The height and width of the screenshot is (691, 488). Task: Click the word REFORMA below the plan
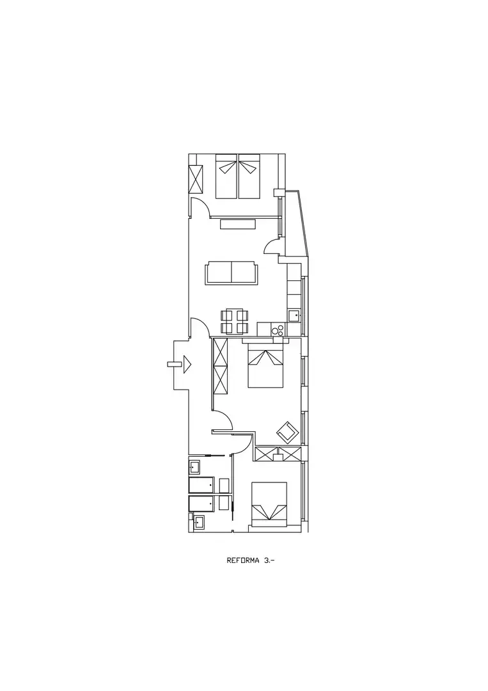pyautogui.click(x=244, y=561)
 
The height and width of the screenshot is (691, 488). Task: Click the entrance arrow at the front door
pyautogui.click(x=187, y=365)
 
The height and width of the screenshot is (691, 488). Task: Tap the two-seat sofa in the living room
pyautogui.click(x=231, y=273)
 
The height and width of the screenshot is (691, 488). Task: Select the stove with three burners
pyautogui.click(x=278, y=330)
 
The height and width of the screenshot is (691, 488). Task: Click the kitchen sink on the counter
pyautogui.click(x=294, y=315)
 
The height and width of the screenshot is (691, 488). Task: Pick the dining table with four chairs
pyautogui.click(x=234, y=322)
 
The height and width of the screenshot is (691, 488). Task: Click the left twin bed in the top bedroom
pyautogui.click(x=227, y=177)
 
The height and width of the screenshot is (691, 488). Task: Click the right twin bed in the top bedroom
pyautogui.click(x=249, y=177)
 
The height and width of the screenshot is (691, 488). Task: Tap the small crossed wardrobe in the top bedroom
pyautogui.click(x=196, y=179)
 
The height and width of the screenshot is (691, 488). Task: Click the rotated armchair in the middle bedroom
pyautogui.click(x=287, y=431)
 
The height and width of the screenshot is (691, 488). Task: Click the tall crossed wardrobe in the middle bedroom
pyautogui.click(x=220, y=366)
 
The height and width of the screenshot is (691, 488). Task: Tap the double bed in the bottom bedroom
pyautogui.click(x=269, y=504)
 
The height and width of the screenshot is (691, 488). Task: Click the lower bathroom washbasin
pyautogui.click(x=200, y=522)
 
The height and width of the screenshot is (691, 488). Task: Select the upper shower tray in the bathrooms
pyautogui.click(x=201, y=485)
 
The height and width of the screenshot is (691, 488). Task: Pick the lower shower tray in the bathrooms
pyautogui.click(x=201, y=504)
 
